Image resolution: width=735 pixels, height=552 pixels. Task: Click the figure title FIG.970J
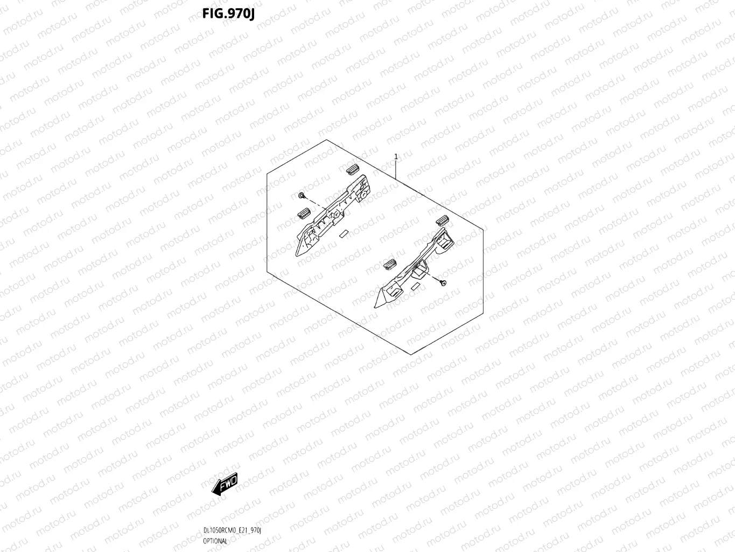click(228, 13)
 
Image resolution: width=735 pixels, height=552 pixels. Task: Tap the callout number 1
click(396, 157)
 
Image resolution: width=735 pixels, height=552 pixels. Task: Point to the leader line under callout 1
click(396, 170)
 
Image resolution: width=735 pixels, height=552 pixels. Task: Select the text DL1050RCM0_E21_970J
click(232, 531)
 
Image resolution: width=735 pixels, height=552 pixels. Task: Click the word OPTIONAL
click(215, 541)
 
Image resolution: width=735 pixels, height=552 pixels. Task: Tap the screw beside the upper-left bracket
click(302, 195)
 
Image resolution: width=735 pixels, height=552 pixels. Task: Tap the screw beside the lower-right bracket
click(443, 283)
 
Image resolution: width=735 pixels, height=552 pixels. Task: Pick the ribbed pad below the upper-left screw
click(304, 213)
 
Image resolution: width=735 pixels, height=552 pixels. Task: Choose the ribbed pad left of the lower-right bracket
click(389, 264)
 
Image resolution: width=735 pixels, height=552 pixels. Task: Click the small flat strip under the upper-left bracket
click(343, 234)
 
